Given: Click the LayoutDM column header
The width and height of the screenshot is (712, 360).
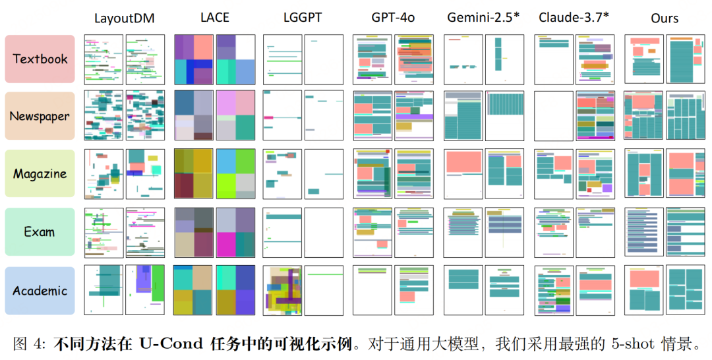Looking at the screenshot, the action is tap(124, 18).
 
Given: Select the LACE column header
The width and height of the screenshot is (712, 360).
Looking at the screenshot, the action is tap(214, 18).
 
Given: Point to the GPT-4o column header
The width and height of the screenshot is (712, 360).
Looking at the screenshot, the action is tap(392, 18).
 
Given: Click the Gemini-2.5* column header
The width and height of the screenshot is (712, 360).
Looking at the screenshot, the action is tap(483, 18).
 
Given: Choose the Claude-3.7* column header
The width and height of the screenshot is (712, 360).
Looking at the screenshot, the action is tap(573, 18).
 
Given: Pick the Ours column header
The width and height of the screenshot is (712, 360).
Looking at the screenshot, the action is tap(665, 18).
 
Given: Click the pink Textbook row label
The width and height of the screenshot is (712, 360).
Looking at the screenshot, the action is tap(40, 59).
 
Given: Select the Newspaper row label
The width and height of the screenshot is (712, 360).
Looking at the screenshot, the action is tap(40, 117).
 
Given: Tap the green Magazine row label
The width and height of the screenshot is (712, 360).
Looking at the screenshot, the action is tap(40, 174).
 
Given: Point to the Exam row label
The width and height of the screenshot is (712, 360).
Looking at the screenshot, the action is tap(40, 232).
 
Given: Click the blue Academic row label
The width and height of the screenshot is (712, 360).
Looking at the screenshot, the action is tap(40, 290).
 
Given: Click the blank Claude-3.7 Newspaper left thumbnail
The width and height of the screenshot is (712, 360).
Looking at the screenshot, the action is tap(553, 116).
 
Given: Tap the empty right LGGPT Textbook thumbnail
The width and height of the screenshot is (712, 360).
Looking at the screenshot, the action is tap(324, 59).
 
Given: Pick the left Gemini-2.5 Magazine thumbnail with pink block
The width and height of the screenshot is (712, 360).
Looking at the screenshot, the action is tap(463, 174).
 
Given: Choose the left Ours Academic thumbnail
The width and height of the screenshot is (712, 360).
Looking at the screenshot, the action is tap(643, 290).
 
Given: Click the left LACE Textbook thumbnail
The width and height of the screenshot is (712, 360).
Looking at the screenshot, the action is tap(194, 59).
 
